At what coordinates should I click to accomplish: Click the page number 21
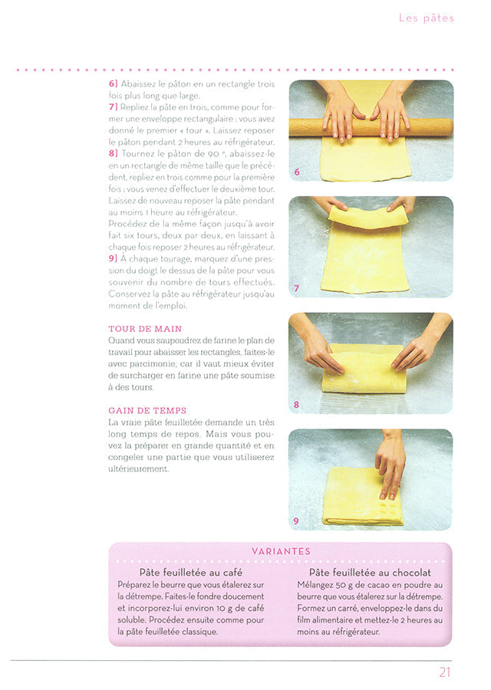tap(445, 672)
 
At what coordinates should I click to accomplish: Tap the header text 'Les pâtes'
tap(427, 18)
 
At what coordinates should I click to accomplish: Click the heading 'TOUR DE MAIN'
tap(145, 329)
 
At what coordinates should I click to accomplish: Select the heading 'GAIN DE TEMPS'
tap(147, 411)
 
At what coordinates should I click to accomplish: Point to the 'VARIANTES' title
tap(281, 551)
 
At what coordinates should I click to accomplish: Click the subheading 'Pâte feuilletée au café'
tap(191, 573)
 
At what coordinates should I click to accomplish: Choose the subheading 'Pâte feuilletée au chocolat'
tap(370, 573)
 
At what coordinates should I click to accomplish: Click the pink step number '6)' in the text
tap(114, 84)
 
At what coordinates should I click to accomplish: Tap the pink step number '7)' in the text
tap(114, 107)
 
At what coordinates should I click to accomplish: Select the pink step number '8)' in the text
tap(114, 153)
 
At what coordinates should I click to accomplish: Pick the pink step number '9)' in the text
tap(114, 258)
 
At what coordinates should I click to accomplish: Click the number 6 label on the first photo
tap(297, 172)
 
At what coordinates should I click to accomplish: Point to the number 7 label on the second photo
tap(297, 288)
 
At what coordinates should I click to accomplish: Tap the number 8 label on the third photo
tap(296, 404)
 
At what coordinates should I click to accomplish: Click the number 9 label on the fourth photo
tap(296, 521)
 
